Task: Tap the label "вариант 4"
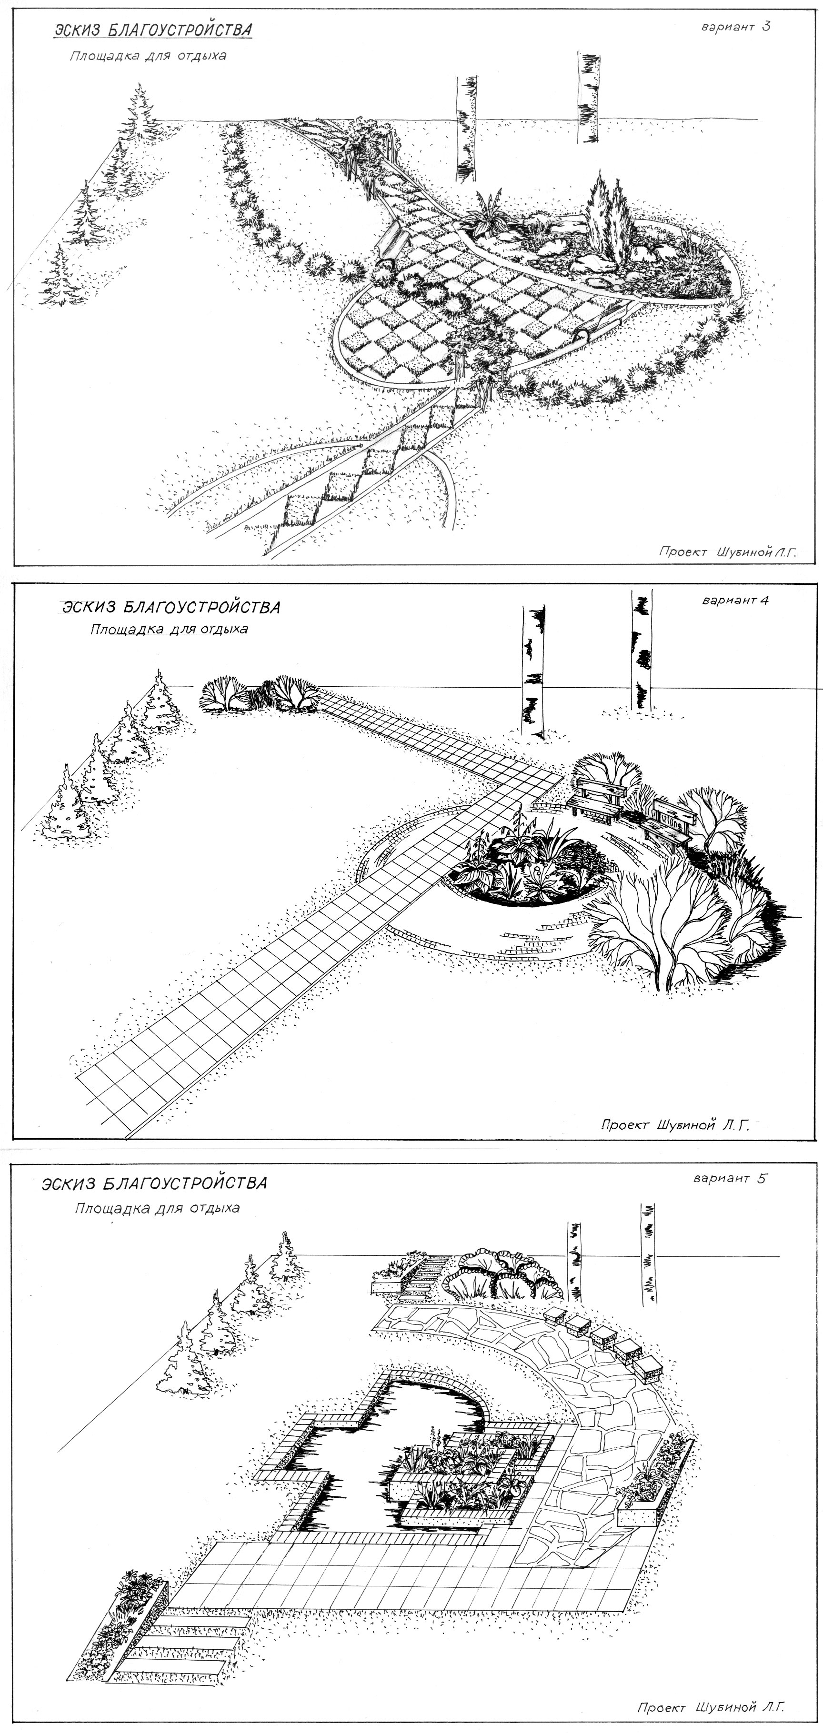[x=735, y=601]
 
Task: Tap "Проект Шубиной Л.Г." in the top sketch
[x=727, y=552]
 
